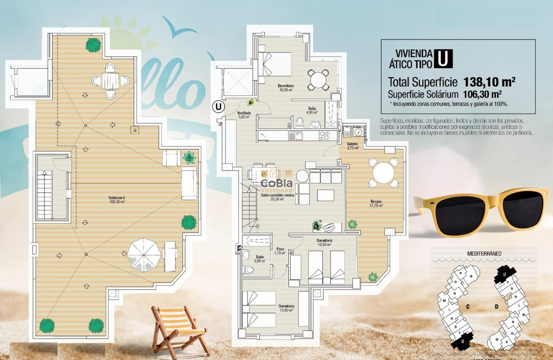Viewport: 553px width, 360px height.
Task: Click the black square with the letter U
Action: [443, 59]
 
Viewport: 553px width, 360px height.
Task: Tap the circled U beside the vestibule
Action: [219, 106]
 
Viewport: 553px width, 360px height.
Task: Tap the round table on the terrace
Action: [384, 173]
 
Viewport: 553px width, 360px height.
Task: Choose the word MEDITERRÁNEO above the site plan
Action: [484, 254]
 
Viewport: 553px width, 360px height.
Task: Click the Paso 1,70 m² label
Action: [280, 251]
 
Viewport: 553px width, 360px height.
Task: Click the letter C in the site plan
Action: [469, 306]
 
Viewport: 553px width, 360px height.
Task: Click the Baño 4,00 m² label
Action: [312, 111]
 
